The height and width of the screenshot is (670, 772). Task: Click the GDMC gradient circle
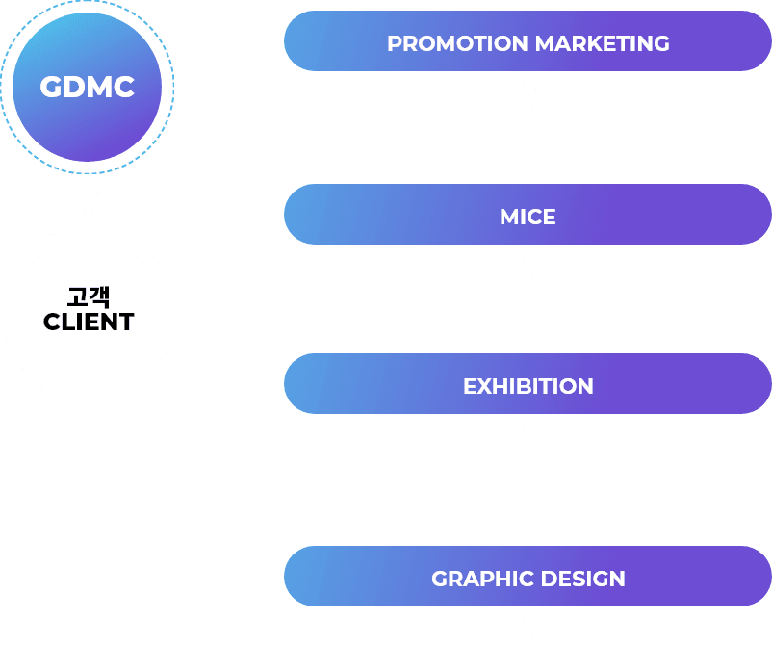click(88, 88)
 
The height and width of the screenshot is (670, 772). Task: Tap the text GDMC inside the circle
click(88, 88)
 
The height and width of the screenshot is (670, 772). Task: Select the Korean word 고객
click(89, 297)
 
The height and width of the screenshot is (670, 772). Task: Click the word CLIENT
click(89, 322)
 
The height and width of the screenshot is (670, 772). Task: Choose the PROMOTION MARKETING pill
click(528, 40)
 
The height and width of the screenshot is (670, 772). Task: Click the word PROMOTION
click(457, 43)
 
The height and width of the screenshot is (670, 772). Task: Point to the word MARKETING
click(603, 43)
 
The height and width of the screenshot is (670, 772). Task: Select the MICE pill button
click(528, 214)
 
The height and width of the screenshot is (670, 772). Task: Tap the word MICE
click(528, 218)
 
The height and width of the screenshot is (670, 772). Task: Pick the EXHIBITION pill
click(528, 383)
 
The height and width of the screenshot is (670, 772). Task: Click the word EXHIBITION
click(528, 386)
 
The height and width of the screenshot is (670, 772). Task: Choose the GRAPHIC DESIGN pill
click(528, 576)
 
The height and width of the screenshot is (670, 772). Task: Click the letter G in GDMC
click(50, 88)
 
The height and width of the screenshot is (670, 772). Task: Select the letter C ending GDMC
click(124, 88)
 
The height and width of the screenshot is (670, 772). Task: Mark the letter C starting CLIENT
click(52, 322)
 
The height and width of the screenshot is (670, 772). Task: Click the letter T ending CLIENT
click(126, 322)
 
